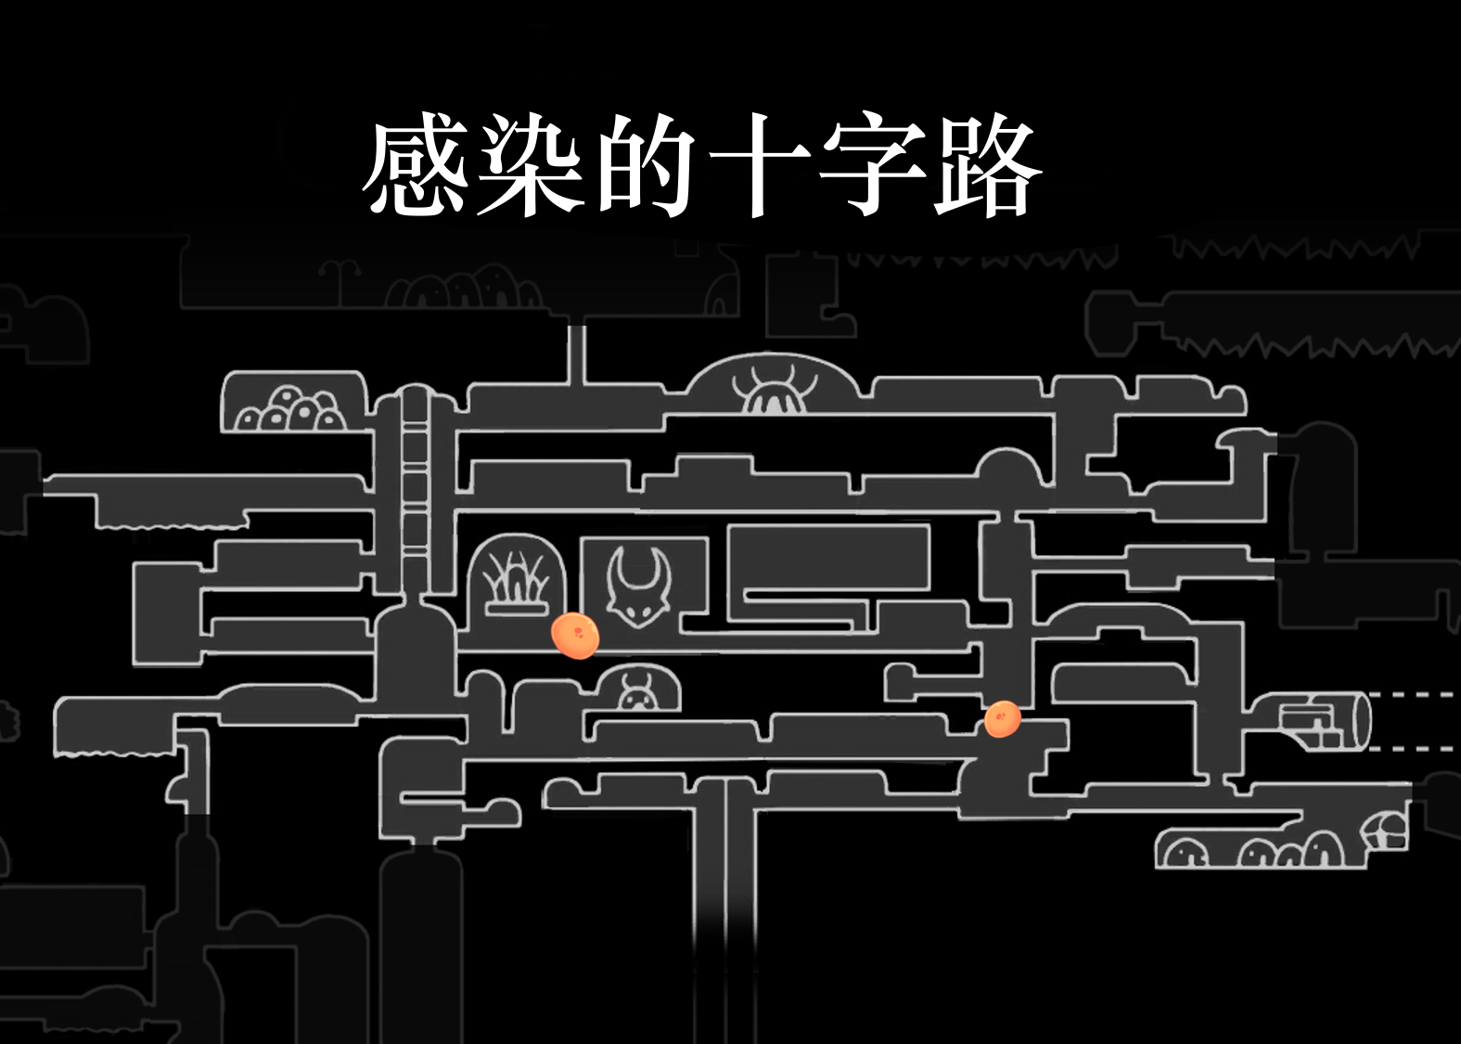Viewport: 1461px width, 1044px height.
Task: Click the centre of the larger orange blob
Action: coord(574,635)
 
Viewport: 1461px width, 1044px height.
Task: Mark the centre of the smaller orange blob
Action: coord(1003,719)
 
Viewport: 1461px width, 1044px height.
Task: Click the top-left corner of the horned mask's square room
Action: coord(581,539)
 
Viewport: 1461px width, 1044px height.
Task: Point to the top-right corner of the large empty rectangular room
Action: coord(929,526)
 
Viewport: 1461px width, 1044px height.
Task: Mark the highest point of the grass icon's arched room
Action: coord(517,535)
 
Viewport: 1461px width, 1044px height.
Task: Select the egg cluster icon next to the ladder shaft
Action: coord(289,409)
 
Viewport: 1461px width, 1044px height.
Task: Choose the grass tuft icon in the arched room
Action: coord(516,584)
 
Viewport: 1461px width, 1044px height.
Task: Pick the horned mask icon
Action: coord(638,587)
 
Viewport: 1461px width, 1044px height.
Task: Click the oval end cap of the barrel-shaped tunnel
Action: coord(1363,721)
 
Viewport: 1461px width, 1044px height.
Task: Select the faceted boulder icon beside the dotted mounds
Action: coord(1383,831)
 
